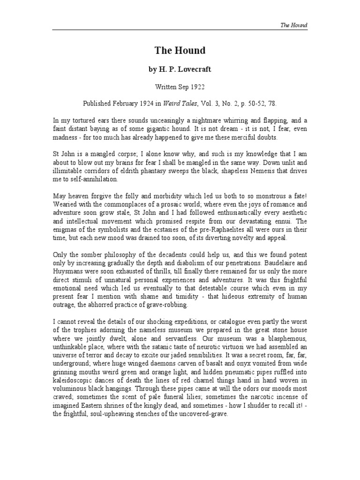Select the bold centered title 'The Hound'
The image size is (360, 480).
180,50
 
